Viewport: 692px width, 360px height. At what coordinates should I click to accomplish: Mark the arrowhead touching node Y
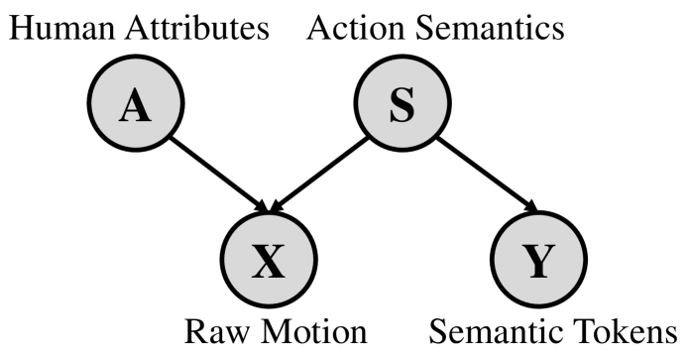530,206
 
